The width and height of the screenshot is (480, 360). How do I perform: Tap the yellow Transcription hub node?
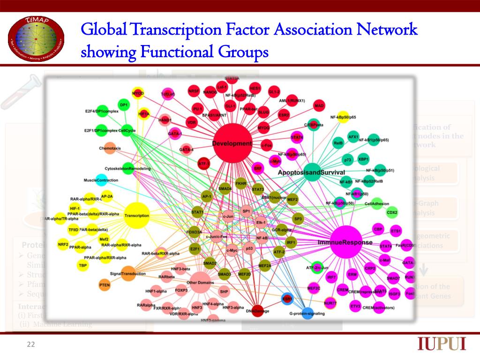pos(137,216)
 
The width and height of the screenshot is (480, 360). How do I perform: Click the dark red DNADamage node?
pos(257,311)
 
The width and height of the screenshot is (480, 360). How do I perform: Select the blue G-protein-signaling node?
pos(307,314)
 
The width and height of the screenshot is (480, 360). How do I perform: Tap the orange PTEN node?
pos(105,285)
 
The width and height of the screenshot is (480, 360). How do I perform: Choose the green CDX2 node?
pos(391,212)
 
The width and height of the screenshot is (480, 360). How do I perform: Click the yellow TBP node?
pos(82,265)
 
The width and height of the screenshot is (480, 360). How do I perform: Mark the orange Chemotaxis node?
pos(110,149)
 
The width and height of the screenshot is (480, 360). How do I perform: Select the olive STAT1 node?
pos(197,213)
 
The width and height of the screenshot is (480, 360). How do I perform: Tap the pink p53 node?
pos(249,248)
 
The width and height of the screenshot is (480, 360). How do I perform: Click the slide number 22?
pos(31,345)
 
